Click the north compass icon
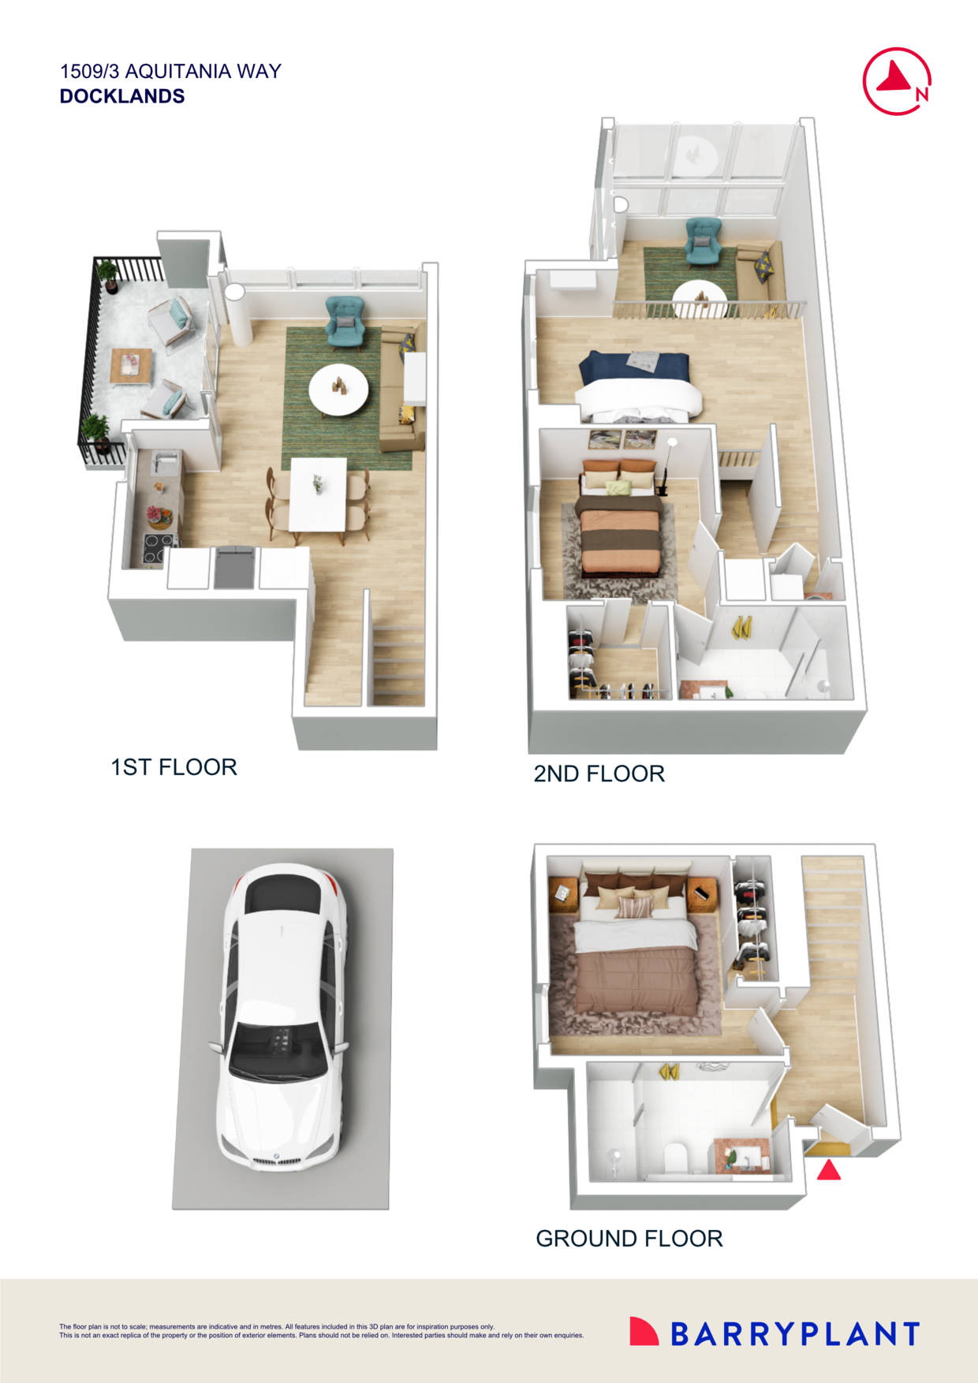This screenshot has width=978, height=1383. pyautogui.click(x=897, y=81)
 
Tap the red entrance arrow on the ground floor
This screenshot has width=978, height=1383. pyautogui.click(x=828, y=1170)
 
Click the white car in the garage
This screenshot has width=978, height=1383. pyautogui.click(x=282, y=1017)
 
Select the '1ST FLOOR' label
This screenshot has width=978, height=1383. pyautogui.click(x=174, y=767)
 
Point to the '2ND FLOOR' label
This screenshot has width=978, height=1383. pyautogui.click(x=599, y=774)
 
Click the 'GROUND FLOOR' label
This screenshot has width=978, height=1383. pyautogui.click(x=629, y=1239)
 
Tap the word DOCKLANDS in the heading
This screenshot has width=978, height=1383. pyautogui.click(x=122, y=96)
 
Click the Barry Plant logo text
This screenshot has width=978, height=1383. pyautogui.click(x=794, y=1334)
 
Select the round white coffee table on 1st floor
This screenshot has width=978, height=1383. pyautogui.click(x=338, y=388)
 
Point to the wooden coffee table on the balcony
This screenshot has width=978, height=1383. pyautogui.click(x=131, y=364)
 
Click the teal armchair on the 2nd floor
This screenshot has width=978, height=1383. pyautogui.click(x=703, y=240)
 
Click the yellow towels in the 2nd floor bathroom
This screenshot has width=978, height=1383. pyautogui.click(x=741, y=627)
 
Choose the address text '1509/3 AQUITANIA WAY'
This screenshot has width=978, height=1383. pyautogui.click(x=170, y=72)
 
